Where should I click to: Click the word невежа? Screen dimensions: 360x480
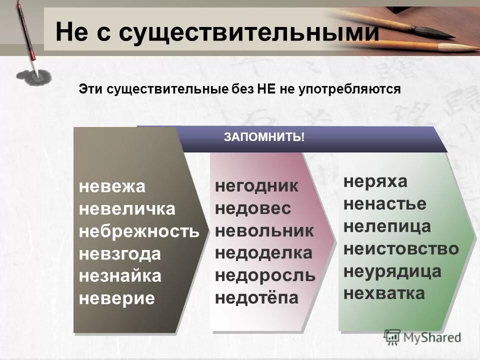tap(112, 187)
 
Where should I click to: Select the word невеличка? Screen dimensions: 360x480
tap(127, 209)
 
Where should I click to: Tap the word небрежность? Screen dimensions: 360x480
tap(139, 231)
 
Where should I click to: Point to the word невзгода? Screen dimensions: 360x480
tap(120, 254)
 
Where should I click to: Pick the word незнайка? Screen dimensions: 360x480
tap(120, 276)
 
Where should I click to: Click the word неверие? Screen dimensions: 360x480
tap(117, 298)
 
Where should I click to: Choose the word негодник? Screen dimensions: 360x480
tap(256, 186)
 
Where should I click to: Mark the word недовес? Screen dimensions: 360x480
tap(252, 209)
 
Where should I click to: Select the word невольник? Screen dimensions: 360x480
tap(264, 231)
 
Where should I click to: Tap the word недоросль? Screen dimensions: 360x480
tap(265, 275)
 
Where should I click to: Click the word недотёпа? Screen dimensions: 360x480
tap(256, 298)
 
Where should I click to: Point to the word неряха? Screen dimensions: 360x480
tap(375, 181)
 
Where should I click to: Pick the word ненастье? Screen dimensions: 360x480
tap(385, 203)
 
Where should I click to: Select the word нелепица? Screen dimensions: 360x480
tap(387, 226)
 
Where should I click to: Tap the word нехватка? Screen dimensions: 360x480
tap(384, 293)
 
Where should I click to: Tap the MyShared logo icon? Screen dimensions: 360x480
tap(392, 336)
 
